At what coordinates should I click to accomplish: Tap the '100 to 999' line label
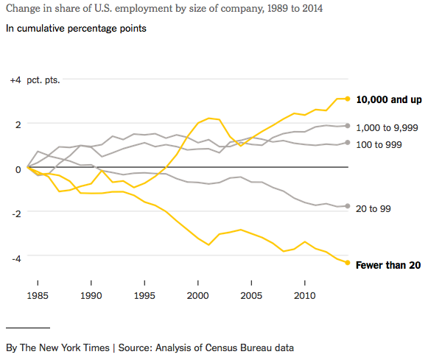(x=379, y=144)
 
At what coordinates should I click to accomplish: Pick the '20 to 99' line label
(x=373, y=209)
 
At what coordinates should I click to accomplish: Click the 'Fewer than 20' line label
(x=387, y=265)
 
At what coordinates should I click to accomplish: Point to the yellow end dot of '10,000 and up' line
(x=348, y=99)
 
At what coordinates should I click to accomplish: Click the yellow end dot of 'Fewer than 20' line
(x=348, y=263)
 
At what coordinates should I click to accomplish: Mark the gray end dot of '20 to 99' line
(x=348, y=206)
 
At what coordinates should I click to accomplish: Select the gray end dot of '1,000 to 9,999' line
(x=348, y=126)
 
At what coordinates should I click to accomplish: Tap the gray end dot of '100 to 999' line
(x=348, y=143)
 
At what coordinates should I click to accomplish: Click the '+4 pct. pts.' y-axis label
(x=35, y=80)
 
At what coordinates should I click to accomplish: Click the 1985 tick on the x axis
(x=37, y=295)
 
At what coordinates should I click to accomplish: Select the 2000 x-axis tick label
(x=197, y=295)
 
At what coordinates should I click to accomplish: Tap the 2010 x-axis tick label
(x=304, y=295)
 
